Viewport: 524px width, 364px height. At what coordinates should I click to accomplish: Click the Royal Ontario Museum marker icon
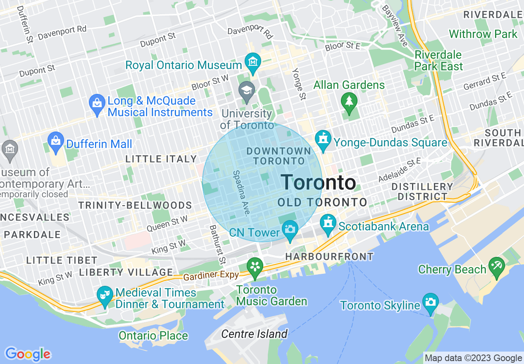(x=252, y=62)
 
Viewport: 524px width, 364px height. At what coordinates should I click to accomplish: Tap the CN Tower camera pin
(x=290, y=229)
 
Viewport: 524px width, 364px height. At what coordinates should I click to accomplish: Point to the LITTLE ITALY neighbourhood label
(x=161, y=159)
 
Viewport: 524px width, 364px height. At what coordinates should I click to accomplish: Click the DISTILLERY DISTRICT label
(x=422, y=192)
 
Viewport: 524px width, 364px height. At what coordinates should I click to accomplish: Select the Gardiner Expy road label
(x=211, y=275)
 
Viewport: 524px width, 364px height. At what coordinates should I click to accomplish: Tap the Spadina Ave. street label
(x=241, y=193)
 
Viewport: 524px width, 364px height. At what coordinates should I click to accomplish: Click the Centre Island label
(x=254, y=334)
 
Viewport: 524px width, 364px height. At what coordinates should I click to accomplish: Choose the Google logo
(x=28, y=354)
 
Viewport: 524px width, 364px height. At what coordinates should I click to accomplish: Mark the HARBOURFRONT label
(x=329, y=257)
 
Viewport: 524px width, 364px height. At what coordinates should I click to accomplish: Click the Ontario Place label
(x=153, y=335)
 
